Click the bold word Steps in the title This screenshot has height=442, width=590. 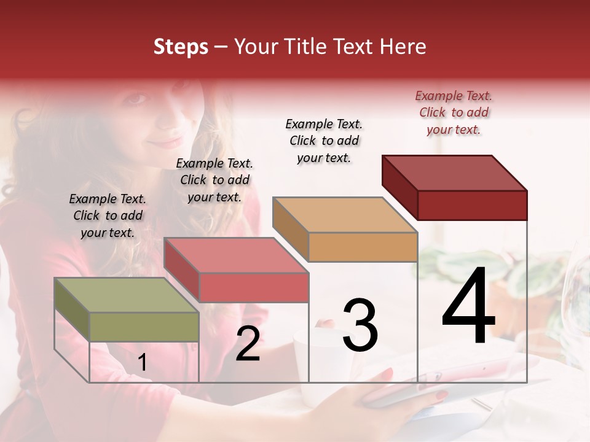[x=181, y=47]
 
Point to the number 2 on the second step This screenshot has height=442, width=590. [x=248, y=344]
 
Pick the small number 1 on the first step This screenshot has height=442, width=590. [x=142, y=363]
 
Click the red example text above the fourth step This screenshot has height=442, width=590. [x=454, y=112]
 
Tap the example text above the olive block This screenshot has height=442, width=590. [x=108, y=215]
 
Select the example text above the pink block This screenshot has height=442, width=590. [x=214, y=180]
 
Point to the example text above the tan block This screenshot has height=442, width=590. [x=324, y=141]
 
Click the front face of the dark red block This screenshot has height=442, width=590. [x=472, y=205]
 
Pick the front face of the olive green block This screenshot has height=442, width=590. [x=144, y=327]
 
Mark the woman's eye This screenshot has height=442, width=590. [x=138, y=98]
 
